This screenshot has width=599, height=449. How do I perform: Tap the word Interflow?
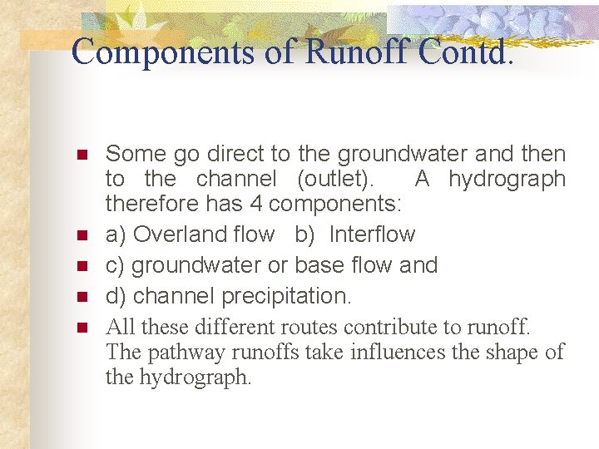(x=372, y=234)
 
